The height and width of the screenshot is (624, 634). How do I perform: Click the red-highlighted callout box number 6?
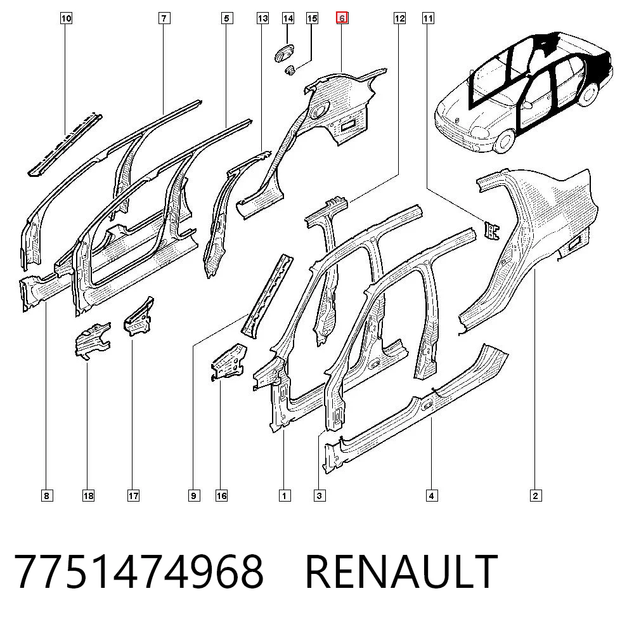click(x=342, y=18)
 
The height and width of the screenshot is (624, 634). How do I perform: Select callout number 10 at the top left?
click(x=67, y=18)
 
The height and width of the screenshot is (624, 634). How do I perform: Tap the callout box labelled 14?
click(x=288, y=18)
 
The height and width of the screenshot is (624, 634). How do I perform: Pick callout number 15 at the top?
click(x=312, y=18)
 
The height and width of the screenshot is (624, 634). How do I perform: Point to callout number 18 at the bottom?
click(x=88, y=495)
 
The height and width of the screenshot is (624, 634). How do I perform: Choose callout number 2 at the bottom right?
click(x=536, y=495)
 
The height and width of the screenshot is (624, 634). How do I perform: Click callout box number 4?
click(x=431, y=495)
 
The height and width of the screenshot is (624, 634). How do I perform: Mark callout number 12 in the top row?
click(x=399, y=18)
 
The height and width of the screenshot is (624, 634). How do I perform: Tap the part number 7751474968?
click(x=139, y=572)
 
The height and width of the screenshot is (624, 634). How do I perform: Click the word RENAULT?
click(x=401, y=572)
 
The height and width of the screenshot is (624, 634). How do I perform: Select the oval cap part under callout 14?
click(x=285, y=53)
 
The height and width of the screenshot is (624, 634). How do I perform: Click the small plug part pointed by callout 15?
click(x=290, y=71)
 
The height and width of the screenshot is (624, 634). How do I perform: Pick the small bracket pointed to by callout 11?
click(x=492, y=230)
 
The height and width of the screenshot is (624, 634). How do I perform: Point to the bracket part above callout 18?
click(x=92, y=340)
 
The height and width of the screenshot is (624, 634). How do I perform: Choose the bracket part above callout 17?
click(x=139, y=316)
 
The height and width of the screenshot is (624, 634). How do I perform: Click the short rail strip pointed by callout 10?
click(x=65, y=145)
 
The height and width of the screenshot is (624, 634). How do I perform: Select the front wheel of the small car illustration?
click(x=504, y=141)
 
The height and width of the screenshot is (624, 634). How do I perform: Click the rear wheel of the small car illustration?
click(x=588, y=94)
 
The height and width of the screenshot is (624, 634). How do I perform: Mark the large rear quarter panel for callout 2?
click(x=534, y=243)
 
